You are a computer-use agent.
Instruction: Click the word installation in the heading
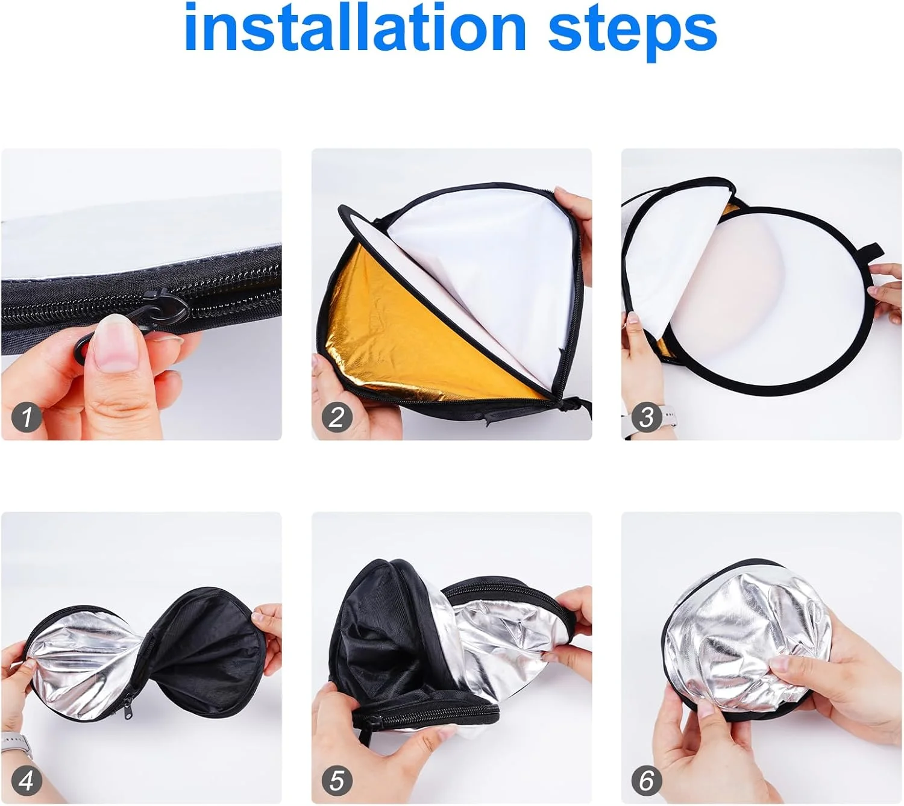coord(355,28)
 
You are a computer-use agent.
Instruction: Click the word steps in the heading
coord(632,32)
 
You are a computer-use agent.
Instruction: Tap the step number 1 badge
coord(27,417)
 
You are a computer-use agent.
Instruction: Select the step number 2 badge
coord(336,417)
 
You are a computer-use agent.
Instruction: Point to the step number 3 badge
coord(647,417)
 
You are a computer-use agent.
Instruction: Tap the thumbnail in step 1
coord(115,343)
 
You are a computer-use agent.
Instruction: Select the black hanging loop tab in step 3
coord(868,252)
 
